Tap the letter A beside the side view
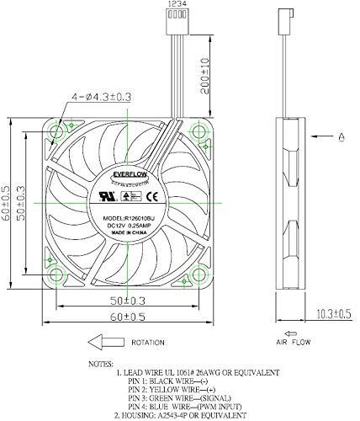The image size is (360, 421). (341, 136)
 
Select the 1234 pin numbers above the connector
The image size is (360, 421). (177, 4)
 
